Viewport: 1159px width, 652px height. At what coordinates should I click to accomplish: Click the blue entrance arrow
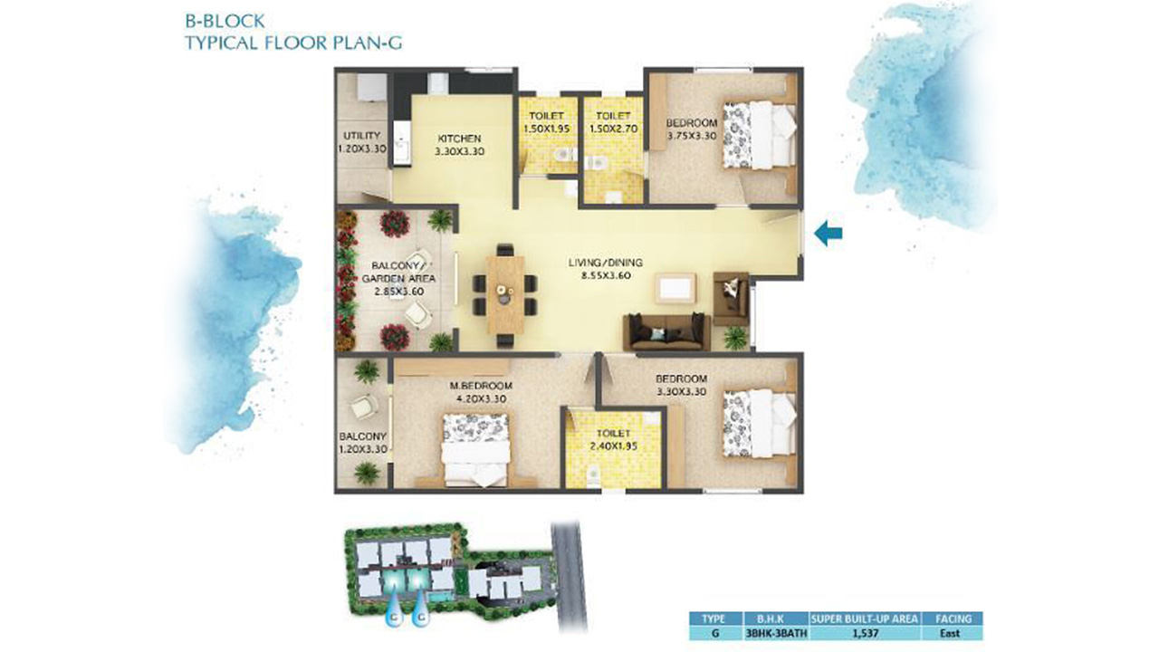[x=828, y=233]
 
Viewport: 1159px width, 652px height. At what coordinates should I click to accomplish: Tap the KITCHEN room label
[x=459, y=139]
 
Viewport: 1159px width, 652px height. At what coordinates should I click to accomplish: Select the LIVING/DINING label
[x=606, y=263]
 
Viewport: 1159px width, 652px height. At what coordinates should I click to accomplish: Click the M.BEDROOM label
[x=481, y=386]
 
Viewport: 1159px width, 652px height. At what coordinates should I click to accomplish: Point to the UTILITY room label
[x=361, y=136]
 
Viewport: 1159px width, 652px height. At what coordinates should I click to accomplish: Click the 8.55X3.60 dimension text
[x=606, y=276]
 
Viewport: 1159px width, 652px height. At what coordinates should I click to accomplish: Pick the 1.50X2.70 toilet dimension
[x=613, y=129]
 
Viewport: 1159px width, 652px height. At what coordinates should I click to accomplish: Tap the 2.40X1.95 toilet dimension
[x=613, y=446]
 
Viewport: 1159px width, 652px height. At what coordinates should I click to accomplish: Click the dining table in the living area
[x=505, y=295]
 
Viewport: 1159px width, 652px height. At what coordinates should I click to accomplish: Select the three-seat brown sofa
[x=666, y=332]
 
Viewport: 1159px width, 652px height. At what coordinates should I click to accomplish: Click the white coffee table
[x=675, y=289]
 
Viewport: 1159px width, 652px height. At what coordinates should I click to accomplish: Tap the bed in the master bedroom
[x=476, y=449]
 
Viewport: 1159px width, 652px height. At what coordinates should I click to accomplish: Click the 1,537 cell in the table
[x=864, y=633]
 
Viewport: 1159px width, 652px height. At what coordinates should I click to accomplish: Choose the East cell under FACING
[x=950, y=633]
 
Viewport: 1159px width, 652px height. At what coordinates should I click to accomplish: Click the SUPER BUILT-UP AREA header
[x=865, y=618]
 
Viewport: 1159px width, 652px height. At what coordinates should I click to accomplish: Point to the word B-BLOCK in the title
[x=225, y=21]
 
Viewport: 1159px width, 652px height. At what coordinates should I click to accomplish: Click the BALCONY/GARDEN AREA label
[x=398, y=273]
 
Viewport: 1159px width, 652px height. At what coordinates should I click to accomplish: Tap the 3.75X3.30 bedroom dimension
[x=692, y=136]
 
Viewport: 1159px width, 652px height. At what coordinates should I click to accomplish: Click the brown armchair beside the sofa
[x=731, y=299]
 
